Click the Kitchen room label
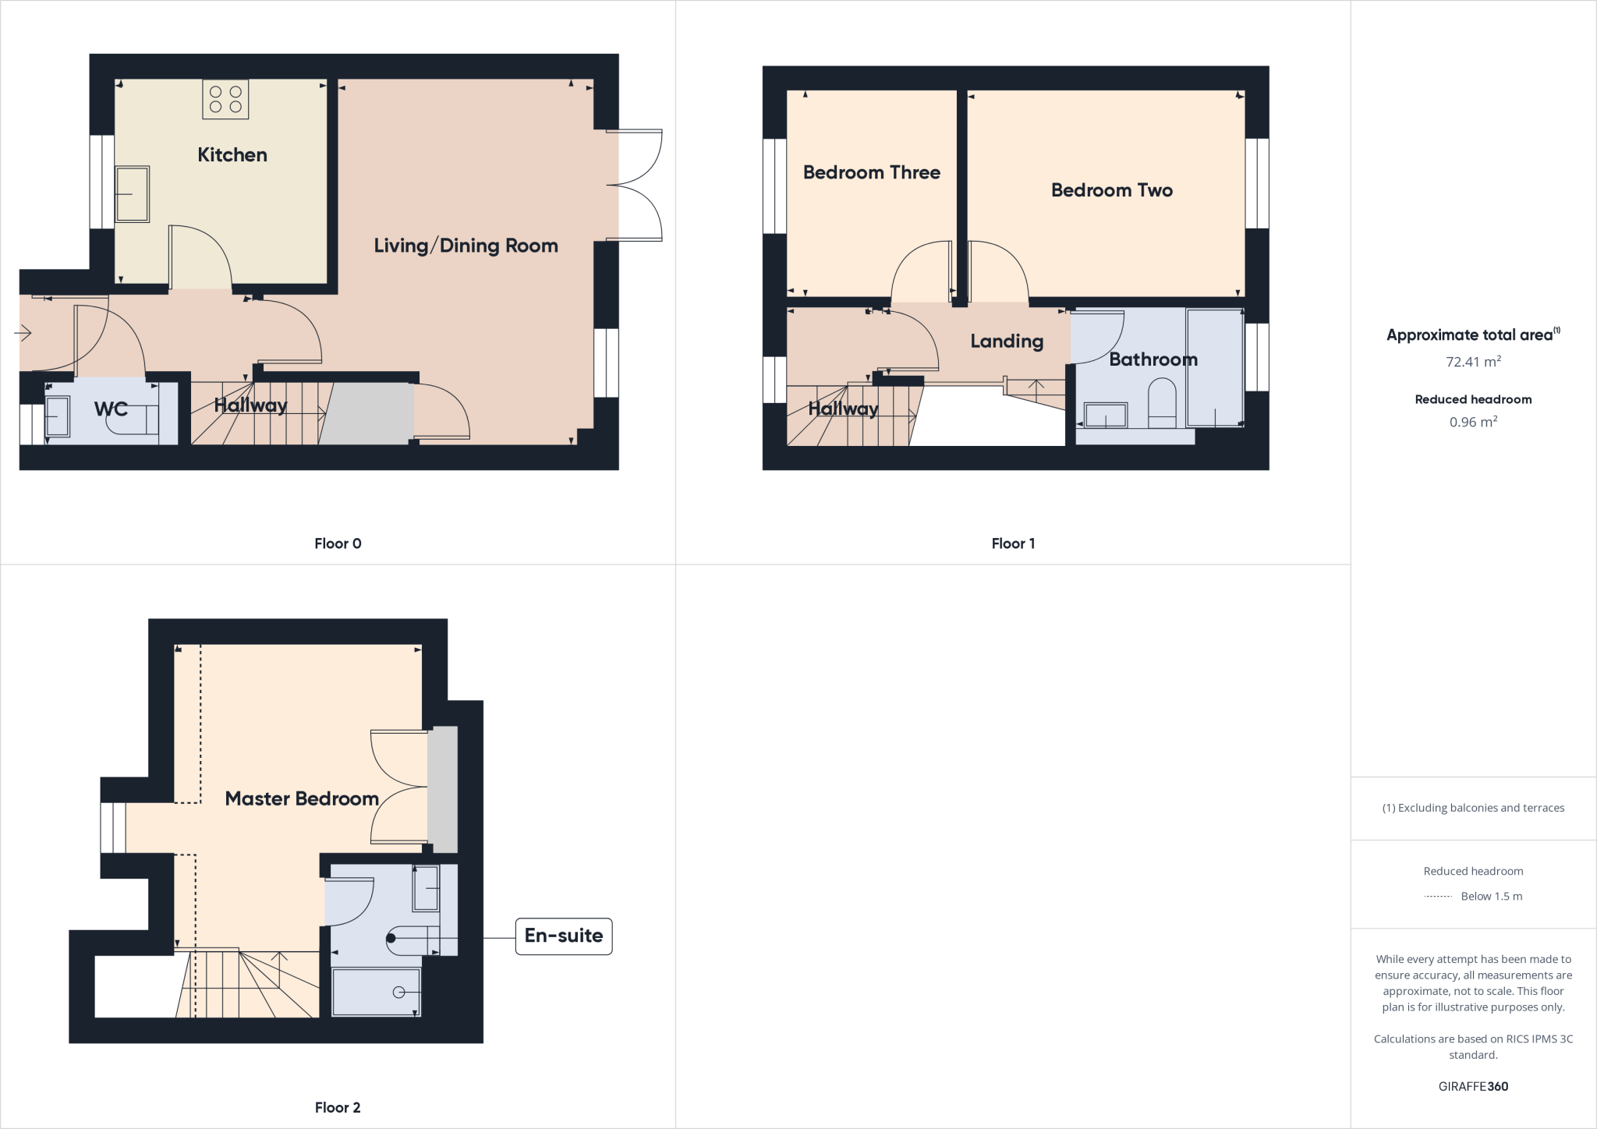(x=232, y=155)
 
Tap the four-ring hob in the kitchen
(x=225, y=99)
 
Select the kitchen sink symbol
(x=132, y=194)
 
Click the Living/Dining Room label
(x=466, y=246)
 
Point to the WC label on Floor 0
(x=111, y=409)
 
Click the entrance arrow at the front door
(x=23, y=334)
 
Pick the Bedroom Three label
(x=871, y=172)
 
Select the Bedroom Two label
(x=1111, y=190)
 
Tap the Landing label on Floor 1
(x=1006, y=341)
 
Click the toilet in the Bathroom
(x=1162, y=402)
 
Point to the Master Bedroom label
(x=302, y=798)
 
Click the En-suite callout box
(x=563, y=936)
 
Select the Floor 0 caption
(x=338, y=543)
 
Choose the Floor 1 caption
(x=1013, y=543)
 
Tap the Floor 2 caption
(x=338, y=1107)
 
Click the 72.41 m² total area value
(x=1473, y=362)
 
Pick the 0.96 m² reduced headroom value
(x=1473, y=422)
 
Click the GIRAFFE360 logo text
(x=1473, y=1086)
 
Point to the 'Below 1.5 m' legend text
(x=1491, y=897)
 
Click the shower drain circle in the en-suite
(x=398, y=992)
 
